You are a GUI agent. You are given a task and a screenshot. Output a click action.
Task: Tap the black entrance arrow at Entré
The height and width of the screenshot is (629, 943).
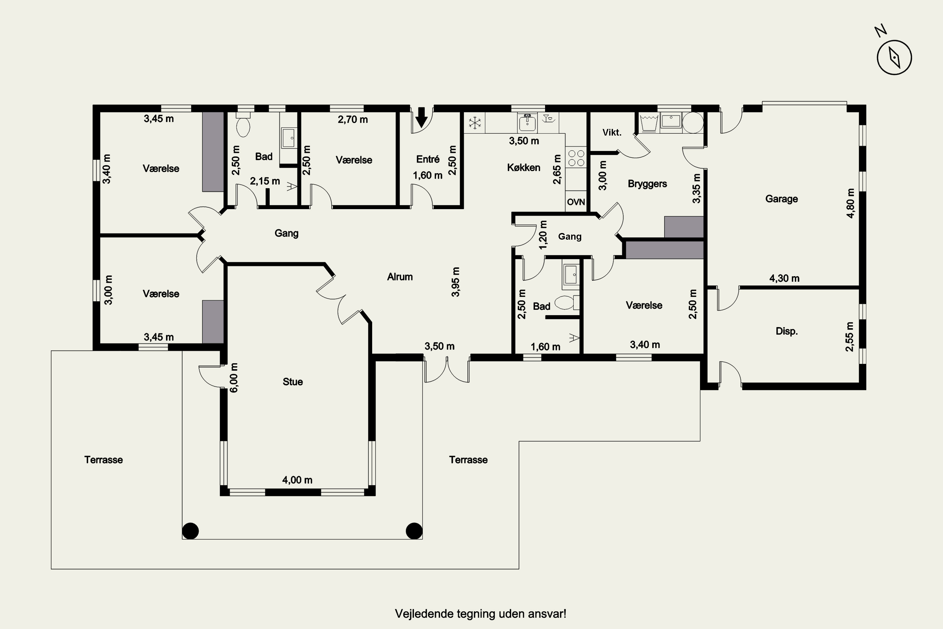point(422,117)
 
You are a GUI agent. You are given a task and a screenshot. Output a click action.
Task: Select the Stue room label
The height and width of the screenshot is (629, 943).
point(293,381)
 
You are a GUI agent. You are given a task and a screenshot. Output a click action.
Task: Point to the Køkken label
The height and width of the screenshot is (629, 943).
point(524,167)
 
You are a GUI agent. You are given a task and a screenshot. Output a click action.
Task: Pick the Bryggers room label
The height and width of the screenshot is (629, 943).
point(647,184)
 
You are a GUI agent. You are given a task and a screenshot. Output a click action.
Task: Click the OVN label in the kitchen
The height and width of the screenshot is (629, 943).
point(576,202)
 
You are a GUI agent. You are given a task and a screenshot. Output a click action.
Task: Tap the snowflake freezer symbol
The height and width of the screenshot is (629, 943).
point(475,123)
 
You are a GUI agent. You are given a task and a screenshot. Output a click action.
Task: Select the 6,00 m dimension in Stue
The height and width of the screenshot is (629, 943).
point(234,377)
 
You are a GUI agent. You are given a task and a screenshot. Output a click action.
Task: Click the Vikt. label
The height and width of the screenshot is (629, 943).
point(612,132)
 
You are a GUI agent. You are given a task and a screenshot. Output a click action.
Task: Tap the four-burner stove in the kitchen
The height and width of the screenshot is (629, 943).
point(576,158)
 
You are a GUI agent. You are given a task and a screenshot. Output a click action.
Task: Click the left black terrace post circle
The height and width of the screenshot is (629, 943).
point(190,531)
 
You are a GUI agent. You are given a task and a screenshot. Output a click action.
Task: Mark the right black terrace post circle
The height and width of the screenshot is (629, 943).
point(414,531)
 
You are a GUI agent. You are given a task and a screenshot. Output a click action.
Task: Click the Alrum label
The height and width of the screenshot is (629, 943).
point(400,277)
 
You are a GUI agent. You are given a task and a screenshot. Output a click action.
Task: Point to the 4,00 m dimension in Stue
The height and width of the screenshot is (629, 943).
point(297,480)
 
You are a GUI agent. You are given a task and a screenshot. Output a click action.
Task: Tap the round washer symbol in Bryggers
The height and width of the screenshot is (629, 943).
point(693,123)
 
